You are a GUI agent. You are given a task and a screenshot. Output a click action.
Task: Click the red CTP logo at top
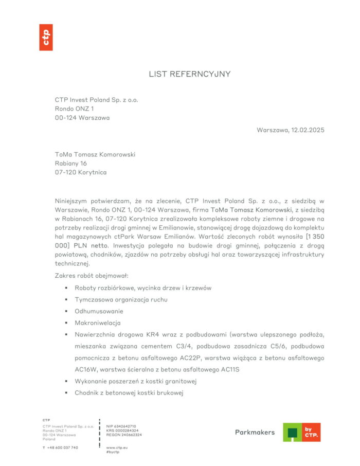coord(46,37)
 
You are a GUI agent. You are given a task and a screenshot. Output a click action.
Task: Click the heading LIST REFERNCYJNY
coord(190,74)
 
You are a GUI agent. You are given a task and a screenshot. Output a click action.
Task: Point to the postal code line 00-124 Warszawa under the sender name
coord(82,118)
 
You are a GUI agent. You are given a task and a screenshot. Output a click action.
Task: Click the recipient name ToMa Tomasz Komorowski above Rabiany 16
coord(95,154)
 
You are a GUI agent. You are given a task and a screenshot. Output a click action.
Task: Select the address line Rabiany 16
coord(71,163)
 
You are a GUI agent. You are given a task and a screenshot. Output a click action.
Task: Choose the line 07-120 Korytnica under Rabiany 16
coord(81,172)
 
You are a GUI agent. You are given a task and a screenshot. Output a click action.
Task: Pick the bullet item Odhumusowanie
coord(99,311)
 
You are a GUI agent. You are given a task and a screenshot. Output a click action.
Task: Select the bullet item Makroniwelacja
coord(97,323)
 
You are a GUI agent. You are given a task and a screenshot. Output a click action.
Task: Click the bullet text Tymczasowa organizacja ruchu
coord(121,299)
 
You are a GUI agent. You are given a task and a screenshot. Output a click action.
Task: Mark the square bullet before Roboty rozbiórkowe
coord(66,288)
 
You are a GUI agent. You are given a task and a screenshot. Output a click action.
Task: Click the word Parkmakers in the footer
coord(255,433)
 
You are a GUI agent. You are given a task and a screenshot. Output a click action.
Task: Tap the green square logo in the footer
coord(292,433)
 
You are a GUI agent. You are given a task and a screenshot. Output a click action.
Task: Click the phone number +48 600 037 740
coord(63,447)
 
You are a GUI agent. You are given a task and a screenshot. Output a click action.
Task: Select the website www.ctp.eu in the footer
coord(117,447)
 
